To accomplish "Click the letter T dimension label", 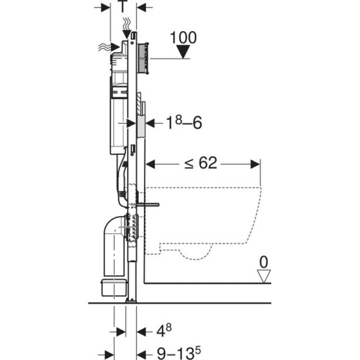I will [x=123, y=7].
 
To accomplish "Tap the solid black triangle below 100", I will [x=184, y=53].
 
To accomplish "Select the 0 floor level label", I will [x=265, y=261].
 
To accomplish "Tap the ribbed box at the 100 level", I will [x=144, y=57].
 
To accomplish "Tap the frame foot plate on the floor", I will [x=131, y=301].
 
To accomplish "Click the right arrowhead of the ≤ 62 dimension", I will [x=256, y=164].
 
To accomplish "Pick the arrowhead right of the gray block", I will [x=149, y=123].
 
